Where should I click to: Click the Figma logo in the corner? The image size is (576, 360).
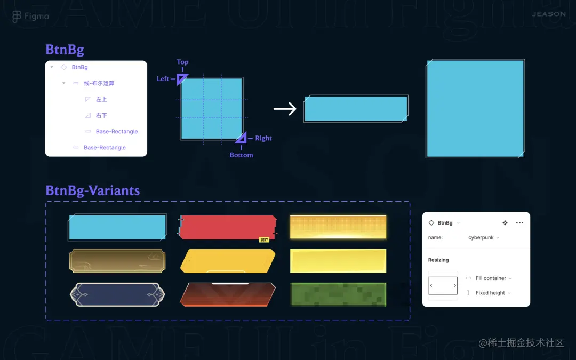tap(17, 17)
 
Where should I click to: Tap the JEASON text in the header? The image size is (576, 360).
tap(549, 14)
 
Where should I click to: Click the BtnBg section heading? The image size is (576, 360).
tap(65, 50)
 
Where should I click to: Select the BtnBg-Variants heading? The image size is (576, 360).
tap(93, 190)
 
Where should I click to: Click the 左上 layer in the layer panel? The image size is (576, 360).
tap(101, 99)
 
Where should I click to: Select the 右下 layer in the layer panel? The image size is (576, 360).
tap(101, 115)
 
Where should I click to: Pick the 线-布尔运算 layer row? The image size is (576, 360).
tap(99, 83)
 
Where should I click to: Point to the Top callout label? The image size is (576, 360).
tap(182, 62)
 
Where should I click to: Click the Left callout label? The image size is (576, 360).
tap(163, 79)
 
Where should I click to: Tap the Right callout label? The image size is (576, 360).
tap(263, 138)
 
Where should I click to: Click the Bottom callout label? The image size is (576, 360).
tap(241, 155)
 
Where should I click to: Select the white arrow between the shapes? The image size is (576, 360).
tap(285, 109)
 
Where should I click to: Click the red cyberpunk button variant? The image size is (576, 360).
tap(228, 227)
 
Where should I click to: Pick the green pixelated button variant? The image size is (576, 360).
tap(338, 294)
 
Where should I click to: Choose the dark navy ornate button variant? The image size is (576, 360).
tap(117, 294)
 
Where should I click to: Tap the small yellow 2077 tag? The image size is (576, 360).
tap(264, 240)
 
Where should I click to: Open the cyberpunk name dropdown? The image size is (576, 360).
tap(484, 237)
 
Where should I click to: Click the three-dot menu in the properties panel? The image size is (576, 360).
tap(519, 223)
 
